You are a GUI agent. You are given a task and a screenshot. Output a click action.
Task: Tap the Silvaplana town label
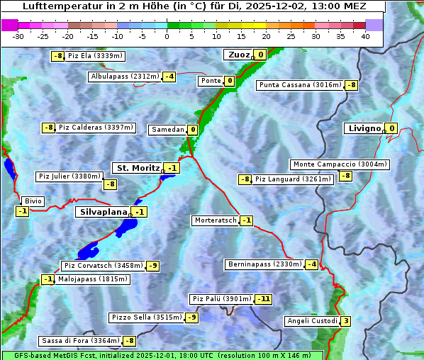(x=103, y=212)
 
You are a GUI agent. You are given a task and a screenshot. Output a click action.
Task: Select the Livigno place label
(x=364, y=128)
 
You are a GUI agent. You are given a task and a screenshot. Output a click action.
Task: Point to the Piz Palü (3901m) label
(x=221, y=299)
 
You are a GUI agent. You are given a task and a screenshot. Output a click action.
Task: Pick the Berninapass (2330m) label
(x=264, y=264)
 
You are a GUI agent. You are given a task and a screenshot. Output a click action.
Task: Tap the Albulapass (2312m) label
(x=125, y=77)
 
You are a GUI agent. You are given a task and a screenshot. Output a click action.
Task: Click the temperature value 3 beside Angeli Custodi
(x=345, y=321)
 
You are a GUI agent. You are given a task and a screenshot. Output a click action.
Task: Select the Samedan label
(x=167, y=130)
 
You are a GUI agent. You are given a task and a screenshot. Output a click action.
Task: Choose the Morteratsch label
(x=215, y=220)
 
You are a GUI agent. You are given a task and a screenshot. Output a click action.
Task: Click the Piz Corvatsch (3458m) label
(x=103, y=266)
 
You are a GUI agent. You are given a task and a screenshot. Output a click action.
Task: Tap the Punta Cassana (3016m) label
(x=299, y=85)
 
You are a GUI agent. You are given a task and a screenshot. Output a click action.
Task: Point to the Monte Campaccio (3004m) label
(x=339, y=164)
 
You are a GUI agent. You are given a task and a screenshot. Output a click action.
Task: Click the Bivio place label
(x=33, y=201)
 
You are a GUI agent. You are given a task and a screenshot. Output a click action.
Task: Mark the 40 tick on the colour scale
(x=365, y=36)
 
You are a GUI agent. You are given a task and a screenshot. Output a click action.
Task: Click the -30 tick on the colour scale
(x=18, y=36)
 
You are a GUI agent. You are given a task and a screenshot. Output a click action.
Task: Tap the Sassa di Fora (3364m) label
(x=80, y=341)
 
